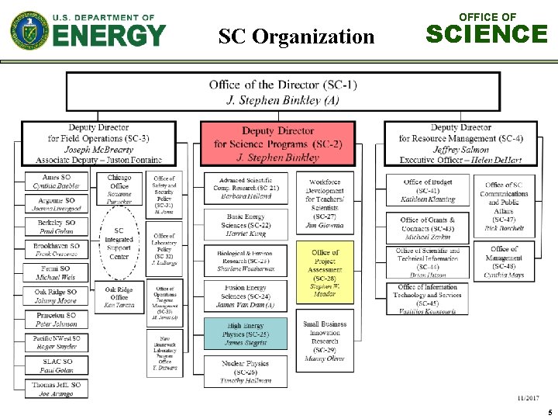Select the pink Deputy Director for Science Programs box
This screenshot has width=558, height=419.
click(x=277, y=144)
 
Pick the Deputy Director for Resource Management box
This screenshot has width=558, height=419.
click(x=460, y=144)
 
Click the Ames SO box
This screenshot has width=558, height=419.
click(x=57, y=182)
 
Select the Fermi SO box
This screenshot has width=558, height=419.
click(x=57, y=272)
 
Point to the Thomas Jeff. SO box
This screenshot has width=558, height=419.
click(x=57, y=389)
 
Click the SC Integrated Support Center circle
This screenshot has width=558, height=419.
click(x=119, y=244)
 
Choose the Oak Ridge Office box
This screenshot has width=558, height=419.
click(x=119, y=298)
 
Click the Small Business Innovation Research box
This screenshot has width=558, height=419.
click(x=325, y=341)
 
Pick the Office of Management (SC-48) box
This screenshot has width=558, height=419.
click(x=504, y=261)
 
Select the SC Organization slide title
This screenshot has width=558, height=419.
click(x=296, y=36)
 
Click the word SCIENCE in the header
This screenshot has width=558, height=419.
click(x=487, y=34)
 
